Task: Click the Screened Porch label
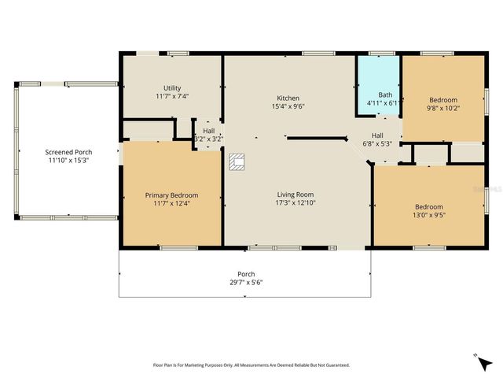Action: coord(67,152)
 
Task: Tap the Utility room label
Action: coord(171,88)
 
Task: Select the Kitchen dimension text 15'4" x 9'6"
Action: coord(288,106)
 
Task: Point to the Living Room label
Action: coord(295,195)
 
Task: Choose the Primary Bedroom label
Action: coord(171,195)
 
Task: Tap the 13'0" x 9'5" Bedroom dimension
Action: coord(428,214)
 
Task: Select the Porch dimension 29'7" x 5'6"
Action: coord(245,282)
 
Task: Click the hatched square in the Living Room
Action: coord(237,162)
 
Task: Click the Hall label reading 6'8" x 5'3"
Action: coord(377,143)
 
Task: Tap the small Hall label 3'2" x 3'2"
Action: coord(208,139)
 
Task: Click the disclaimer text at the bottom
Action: coord(251,365)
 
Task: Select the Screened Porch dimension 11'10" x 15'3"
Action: coord(67,161)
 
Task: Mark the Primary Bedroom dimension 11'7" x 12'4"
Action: coord(171,204)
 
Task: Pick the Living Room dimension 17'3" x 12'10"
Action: coord(295,203)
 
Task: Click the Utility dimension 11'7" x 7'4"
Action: coord(171,97)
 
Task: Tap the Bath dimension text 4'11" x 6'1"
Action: coord(385,102)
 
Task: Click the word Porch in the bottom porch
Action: coord(245,274)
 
